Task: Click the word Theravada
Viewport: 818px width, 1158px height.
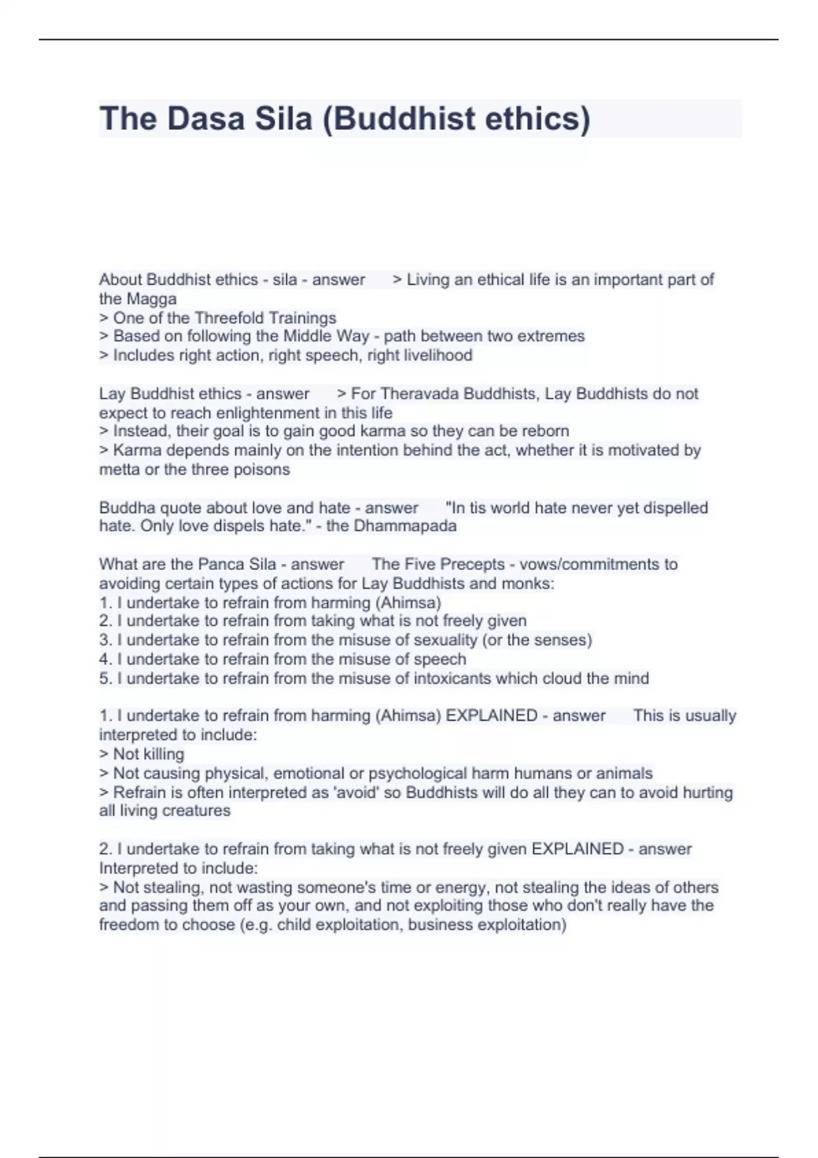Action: coord(419,394)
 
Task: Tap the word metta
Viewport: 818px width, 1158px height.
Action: coord(119,469)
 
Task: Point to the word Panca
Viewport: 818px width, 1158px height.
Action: coord(218,564)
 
